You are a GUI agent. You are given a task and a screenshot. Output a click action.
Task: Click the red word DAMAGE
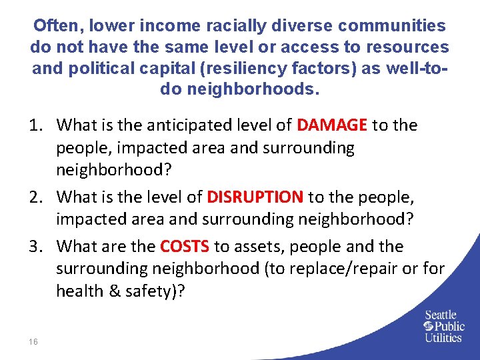332,125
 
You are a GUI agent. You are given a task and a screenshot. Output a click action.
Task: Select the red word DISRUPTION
255,197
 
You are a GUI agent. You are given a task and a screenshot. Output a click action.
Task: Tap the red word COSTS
185,246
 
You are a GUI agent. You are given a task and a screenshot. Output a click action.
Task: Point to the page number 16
33,341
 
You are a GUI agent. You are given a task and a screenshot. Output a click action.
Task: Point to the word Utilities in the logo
443,337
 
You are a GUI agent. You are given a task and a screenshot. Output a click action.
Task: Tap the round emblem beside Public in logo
429,326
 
